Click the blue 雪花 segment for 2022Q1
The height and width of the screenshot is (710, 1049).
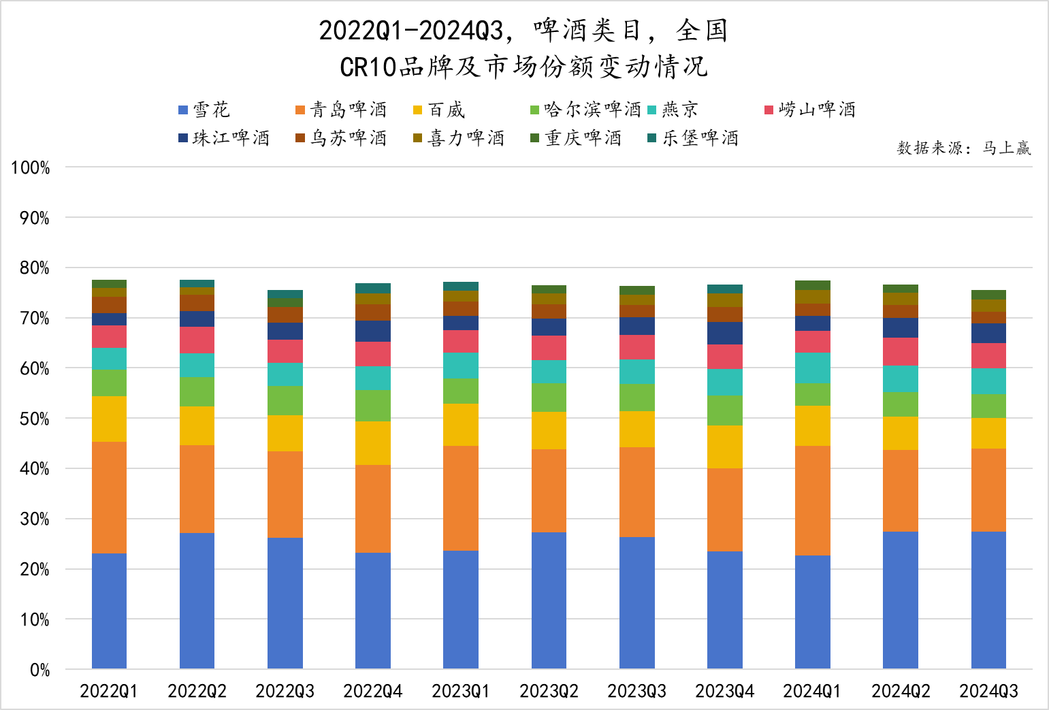pos(109,611)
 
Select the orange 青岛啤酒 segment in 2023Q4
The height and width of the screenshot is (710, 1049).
pos(725,509)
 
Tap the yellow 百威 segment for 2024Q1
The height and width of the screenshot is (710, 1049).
pos(813,425)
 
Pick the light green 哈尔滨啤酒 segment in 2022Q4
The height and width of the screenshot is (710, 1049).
pos(373,406)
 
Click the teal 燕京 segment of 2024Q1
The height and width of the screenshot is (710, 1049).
pos(813,368)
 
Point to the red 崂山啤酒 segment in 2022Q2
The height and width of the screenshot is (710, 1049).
pos(197,340)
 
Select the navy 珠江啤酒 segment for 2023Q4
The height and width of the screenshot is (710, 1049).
pos(725,333)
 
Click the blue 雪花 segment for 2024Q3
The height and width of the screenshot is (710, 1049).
pos(988,600)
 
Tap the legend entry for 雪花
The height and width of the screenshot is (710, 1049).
pos(204,110)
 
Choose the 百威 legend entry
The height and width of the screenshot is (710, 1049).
pos(439,110)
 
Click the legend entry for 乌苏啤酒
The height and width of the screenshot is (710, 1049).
pos(341,138)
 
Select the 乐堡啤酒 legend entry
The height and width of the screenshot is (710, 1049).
pos(693,138)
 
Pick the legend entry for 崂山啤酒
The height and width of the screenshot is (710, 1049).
pos(810,110)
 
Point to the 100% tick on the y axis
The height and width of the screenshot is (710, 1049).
pos(31,167)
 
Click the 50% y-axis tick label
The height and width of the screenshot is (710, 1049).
pos(34,419)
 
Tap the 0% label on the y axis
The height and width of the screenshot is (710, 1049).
pos(39,670)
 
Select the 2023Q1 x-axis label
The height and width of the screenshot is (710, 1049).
pos(461,692)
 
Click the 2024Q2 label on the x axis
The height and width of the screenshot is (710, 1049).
pos(901,692)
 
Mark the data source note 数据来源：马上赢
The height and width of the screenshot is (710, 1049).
pos(963,148)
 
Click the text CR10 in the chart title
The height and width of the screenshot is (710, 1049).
pos(368,67)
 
